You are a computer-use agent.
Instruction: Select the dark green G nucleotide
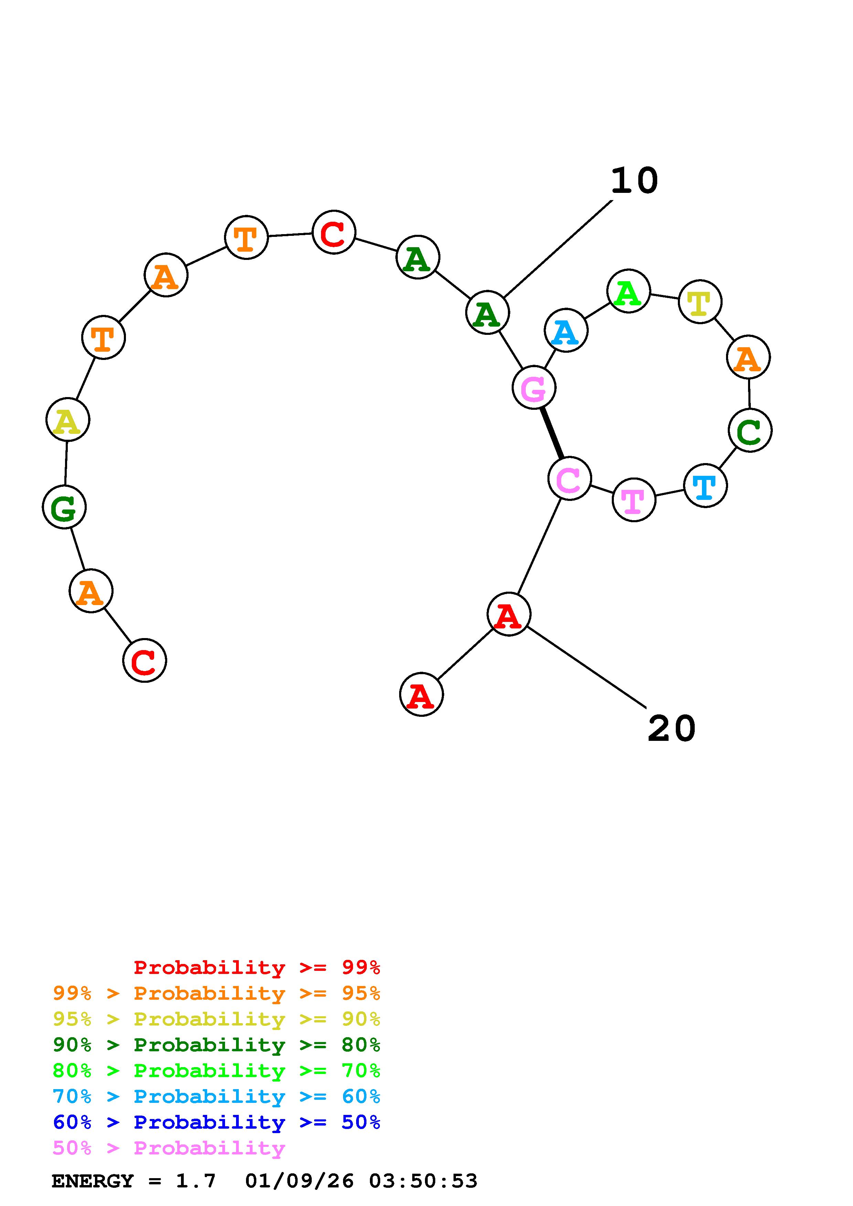(64, 507)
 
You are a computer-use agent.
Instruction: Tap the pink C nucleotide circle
(569, 479)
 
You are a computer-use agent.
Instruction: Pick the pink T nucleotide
(634, 500)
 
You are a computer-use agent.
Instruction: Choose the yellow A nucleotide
(68, 420)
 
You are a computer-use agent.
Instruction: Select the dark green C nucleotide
(749, 430)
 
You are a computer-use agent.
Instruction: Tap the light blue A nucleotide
(566, 330)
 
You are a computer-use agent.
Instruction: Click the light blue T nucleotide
(705, 486)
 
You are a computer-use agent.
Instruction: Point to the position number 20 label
(671, 728)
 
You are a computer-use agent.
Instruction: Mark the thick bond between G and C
(552, 433)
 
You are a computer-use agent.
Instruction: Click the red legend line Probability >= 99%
(256, 967)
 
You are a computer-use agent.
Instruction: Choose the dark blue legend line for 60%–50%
(216, 1122)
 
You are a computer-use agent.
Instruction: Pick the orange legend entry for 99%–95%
(216, 993)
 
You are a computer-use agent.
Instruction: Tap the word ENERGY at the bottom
(93, 1181)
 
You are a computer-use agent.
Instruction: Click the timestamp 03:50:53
(423, 1181)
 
